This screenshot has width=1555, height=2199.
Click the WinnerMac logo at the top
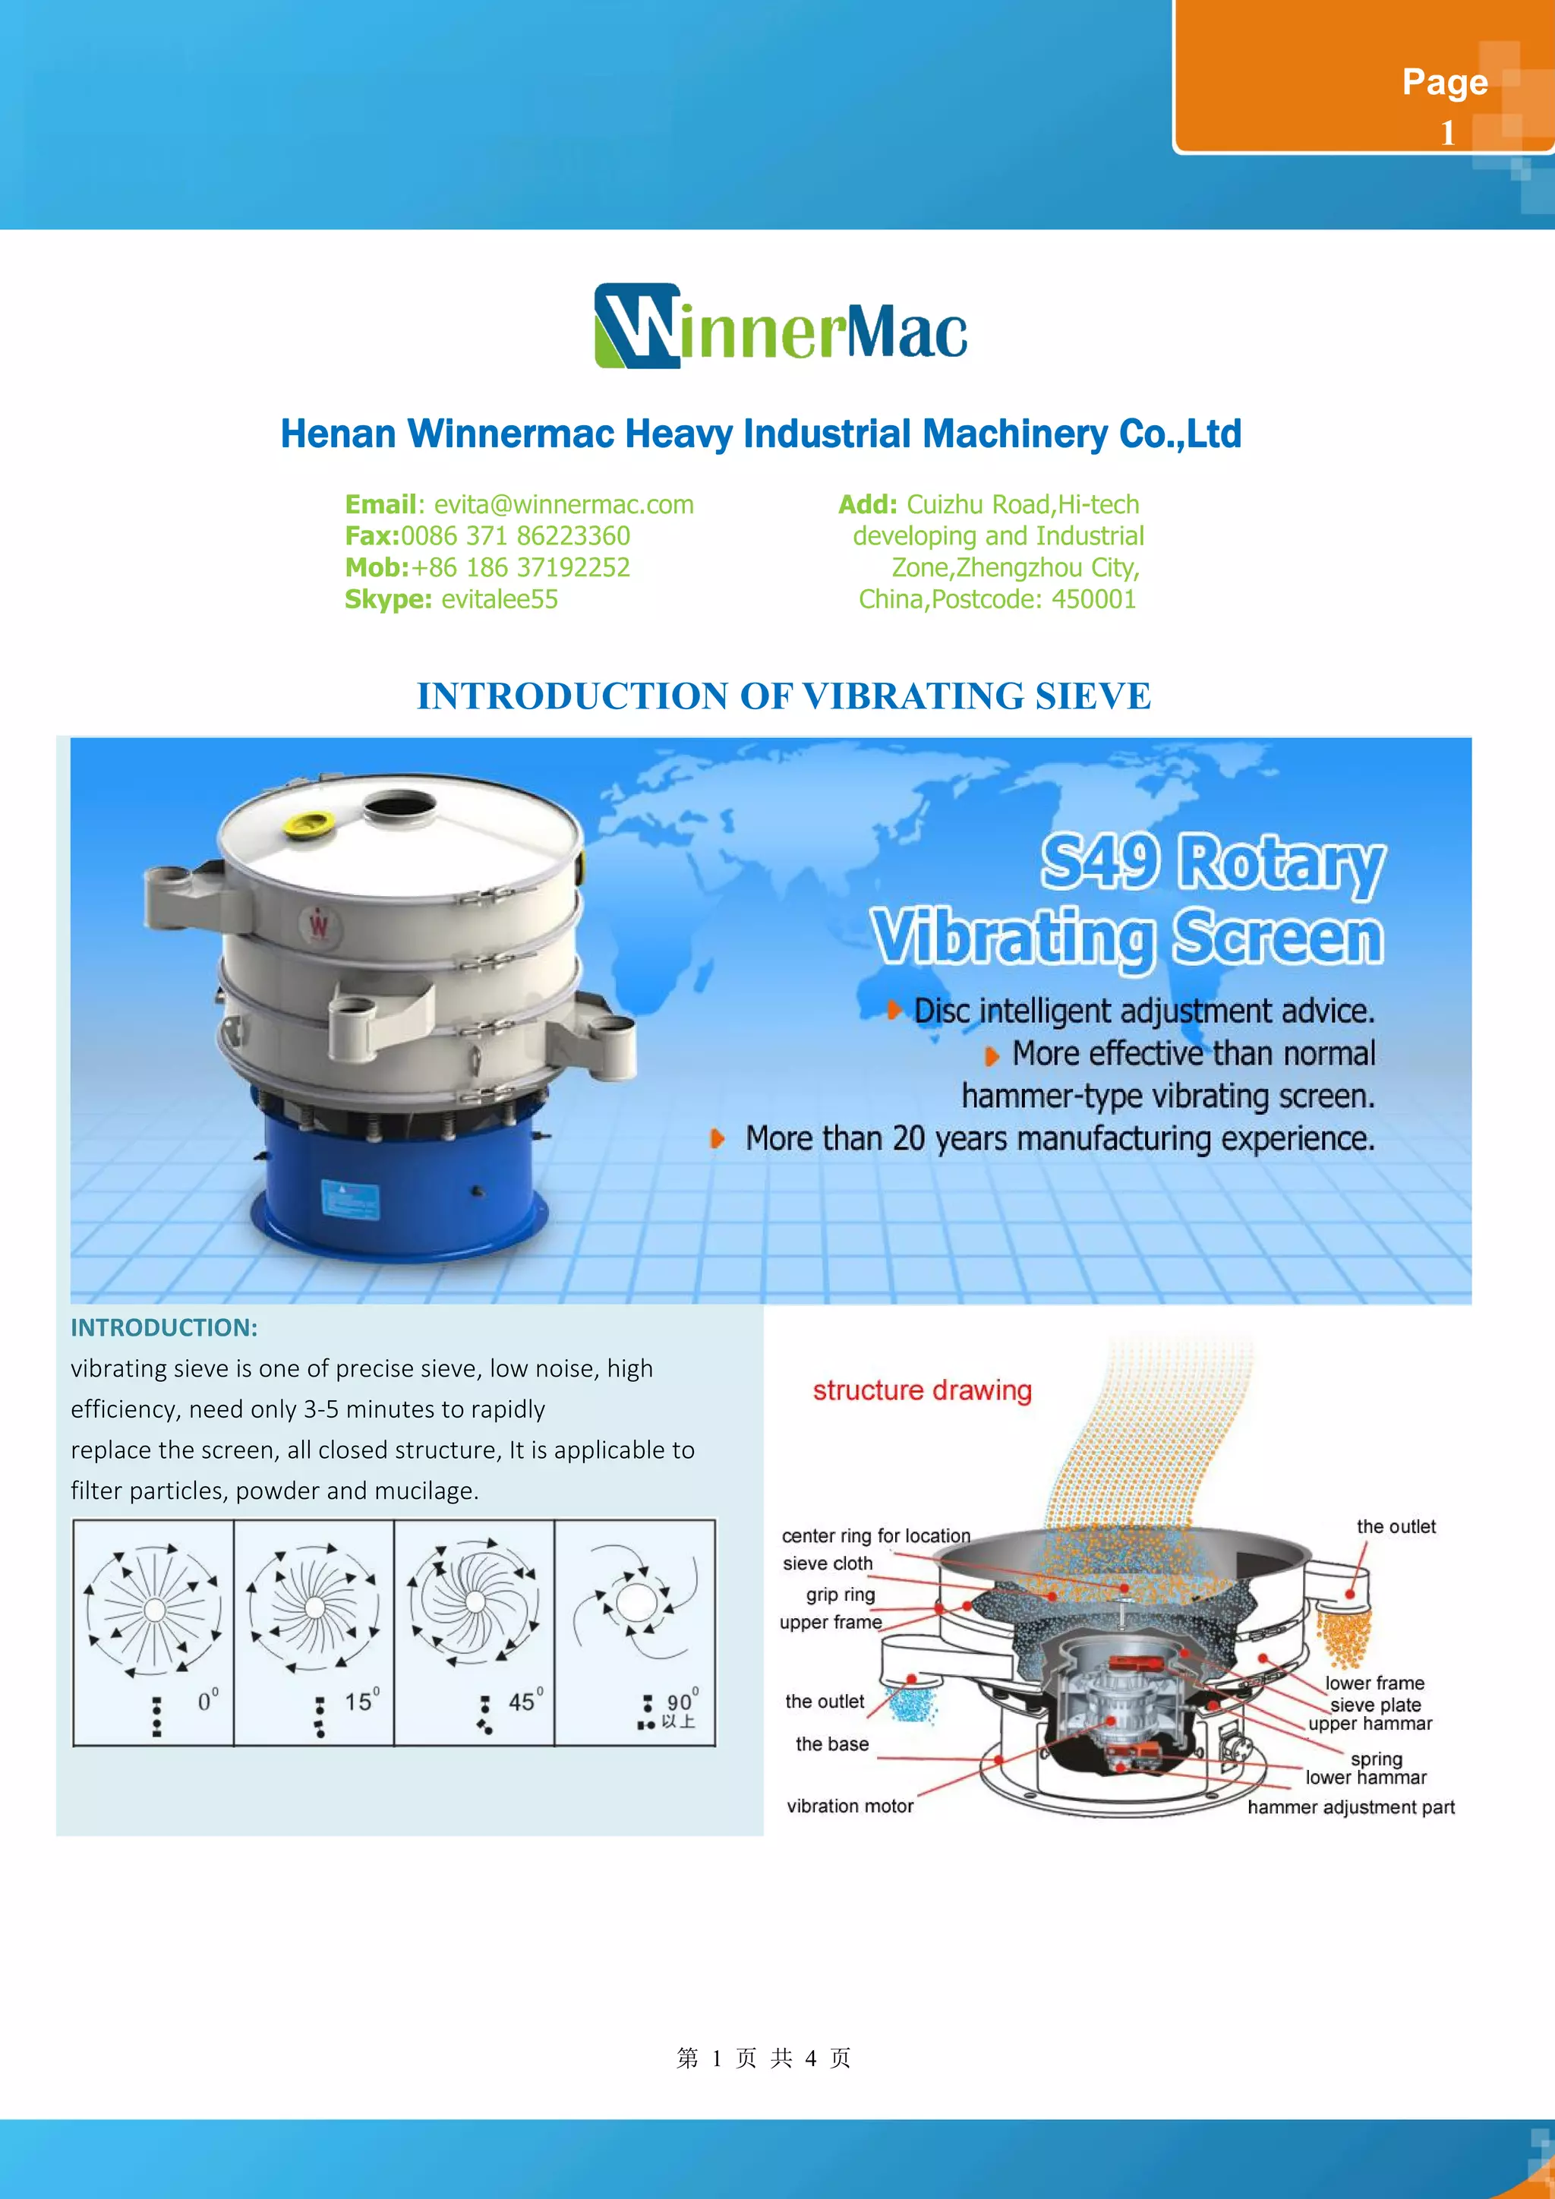781,327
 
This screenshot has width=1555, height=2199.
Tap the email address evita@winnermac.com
563,505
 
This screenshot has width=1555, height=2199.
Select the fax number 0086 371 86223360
515,536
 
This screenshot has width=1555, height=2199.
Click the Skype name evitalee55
499,600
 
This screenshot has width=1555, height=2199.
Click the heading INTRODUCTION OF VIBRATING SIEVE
784,696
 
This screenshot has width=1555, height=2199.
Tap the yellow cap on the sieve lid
311,822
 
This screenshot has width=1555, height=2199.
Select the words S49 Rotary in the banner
1213,862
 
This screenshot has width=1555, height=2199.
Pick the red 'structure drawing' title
922,1390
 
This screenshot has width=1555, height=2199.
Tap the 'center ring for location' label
875,1535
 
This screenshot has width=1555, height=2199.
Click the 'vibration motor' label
850,1806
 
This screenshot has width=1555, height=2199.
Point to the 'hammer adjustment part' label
1350,1807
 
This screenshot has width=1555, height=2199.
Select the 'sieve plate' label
1375,1705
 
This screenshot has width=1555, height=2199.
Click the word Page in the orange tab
1444,82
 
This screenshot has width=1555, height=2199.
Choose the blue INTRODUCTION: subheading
164,1327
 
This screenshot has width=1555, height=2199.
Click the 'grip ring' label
840,1595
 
